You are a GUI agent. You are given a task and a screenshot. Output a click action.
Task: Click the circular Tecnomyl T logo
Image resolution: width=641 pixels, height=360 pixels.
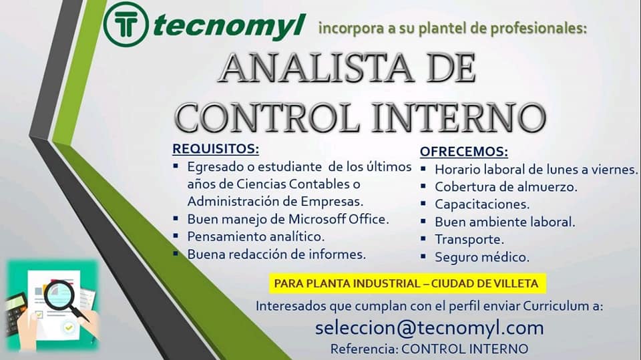(x=126, y=24)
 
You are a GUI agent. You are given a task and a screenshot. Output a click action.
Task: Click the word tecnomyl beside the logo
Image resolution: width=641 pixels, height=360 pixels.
(x=230, y=26)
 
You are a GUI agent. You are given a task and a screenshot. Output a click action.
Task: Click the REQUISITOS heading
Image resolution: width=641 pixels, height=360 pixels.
(x=216, y=149)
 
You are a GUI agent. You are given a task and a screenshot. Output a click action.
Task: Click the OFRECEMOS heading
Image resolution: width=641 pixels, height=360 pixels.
(x=464, y=152)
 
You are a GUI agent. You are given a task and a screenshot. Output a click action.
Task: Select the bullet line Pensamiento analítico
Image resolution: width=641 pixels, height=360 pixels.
(x=256, y=236)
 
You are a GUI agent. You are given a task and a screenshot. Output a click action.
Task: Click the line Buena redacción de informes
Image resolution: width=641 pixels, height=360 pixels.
(x=276, y=254)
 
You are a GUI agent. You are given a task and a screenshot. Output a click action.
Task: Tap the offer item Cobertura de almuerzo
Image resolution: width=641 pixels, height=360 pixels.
(x=506, y=187)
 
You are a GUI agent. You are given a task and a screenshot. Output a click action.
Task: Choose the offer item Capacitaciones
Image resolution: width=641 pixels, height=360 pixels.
(x=482, y=204)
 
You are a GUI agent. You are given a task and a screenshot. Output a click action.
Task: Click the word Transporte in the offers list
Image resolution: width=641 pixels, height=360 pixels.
(x=469, y=239)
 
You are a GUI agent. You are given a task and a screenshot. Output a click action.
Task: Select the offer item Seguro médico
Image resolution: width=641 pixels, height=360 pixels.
(x=482, y=257)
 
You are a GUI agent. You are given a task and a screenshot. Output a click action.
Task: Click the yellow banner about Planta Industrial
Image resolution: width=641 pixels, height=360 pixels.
(x=407, y=283)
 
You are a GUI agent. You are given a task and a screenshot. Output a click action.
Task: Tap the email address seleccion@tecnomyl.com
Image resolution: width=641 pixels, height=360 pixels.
(x=429, y=328)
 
